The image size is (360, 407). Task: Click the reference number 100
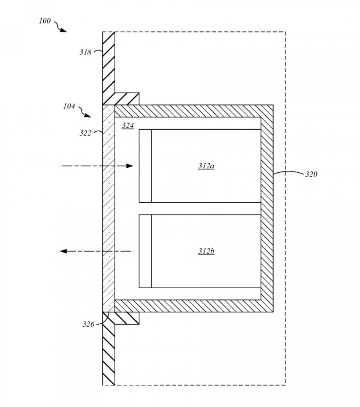click(x=45, y=21)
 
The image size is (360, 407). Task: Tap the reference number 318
click(x=85, y=52)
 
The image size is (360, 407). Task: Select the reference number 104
click(x=69, y=107)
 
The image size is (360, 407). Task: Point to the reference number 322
click(x=85, y=133)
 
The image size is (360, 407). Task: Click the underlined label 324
click(x=128, y=126)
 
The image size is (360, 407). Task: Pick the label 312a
click(x=206, y=166)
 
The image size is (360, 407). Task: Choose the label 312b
click(x=206, y=251)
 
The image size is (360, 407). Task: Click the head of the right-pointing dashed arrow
click(x=130, y=166)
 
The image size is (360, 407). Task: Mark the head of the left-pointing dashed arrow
click(x=64, y=251)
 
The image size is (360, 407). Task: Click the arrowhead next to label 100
click(x=64, y=30)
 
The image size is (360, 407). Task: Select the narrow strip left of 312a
click(x=145, y=166)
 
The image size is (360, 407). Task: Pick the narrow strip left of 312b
click(x=145, y=251)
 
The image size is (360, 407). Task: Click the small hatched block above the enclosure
click(x=127, y=98)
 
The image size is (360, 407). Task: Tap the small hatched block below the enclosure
click(x=127, y=318)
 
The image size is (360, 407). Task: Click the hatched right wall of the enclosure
click(x=266, y=208)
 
